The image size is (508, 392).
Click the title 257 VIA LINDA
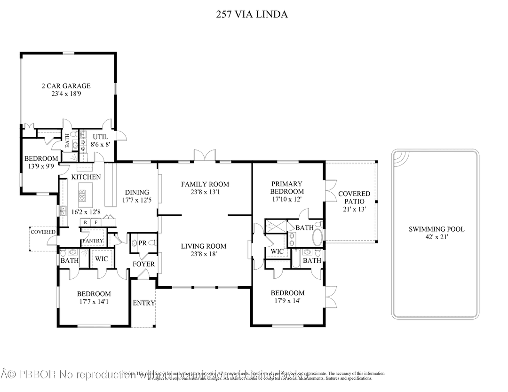tap(252, 15)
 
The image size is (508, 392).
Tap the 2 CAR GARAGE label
tap(66, 86)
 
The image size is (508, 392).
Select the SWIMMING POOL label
tap(436, 229)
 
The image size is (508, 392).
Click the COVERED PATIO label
tap(354, 197)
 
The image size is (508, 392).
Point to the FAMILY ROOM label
tap(205, 184)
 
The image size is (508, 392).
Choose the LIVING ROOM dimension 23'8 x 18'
tap(205, 254)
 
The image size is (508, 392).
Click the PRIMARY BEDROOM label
tap(287, 188)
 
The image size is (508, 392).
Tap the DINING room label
tap(137, 192)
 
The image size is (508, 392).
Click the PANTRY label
tap(92, 241)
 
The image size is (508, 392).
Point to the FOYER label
tap(143, 264)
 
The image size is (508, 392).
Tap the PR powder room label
tap(143, 243)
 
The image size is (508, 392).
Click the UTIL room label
tap(100, 137)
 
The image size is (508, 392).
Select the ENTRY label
tap(143, 303)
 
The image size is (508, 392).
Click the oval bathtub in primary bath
tap(317, 238)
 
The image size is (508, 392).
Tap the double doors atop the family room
tap(205, 156)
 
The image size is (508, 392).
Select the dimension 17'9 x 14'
tap(287, 300)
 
